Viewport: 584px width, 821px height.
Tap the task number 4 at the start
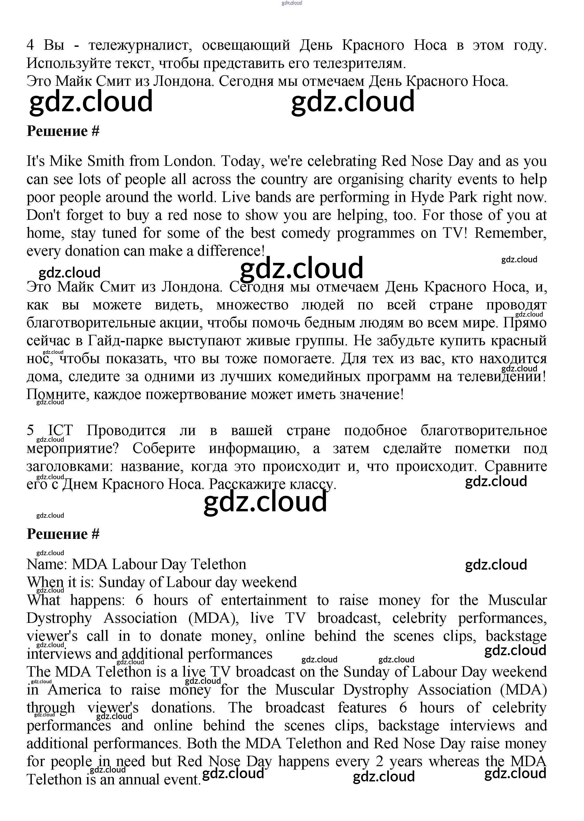pyautogui.click(x=30, y=45)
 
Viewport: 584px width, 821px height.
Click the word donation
pyautogui.click(x=92, y=251)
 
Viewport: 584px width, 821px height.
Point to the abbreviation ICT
pyautogui.click(x=60, y=430)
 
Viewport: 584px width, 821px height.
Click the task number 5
pyautogui.click(x=30, y=430)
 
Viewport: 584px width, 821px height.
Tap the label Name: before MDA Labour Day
pyautogui.click(x=47, y=564)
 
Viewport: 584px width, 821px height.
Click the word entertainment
pyautogui.click(x=264, y=600)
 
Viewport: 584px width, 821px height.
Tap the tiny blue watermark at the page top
pyautogui.click(x=292, y=3)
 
